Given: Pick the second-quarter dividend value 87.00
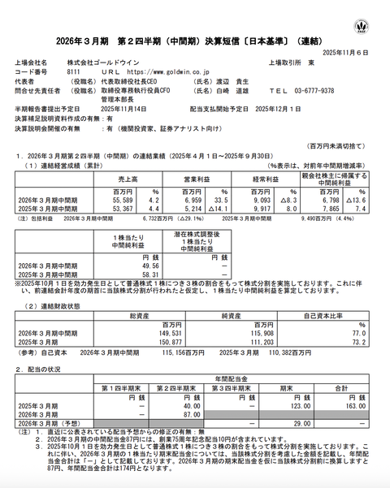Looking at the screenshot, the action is (x=189, y=415).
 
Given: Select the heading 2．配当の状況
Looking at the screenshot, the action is (x=41, y=369).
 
